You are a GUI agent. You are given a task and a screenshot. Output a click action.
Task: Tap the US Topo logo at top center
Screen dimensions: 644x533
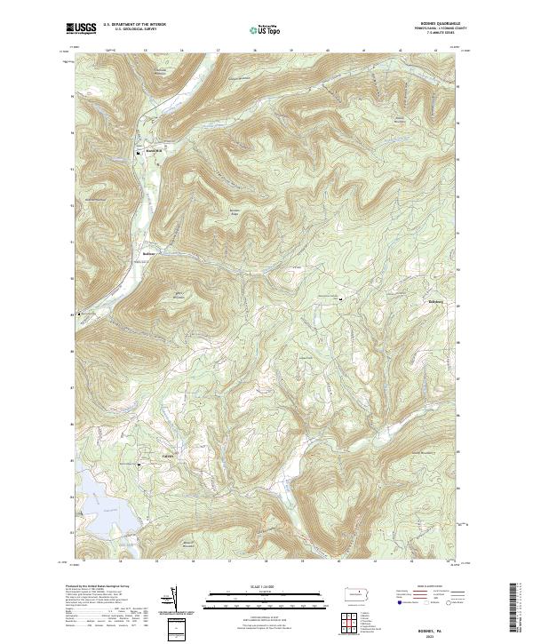[x=266, y=30]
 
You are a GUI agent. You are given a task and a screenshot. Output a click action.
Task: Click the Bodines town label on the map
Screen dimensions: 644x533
[x=149, y=252]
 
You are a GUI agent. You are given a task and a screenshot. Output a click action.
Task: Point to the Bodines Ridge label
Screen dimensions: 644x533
[x=235, y=211]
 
